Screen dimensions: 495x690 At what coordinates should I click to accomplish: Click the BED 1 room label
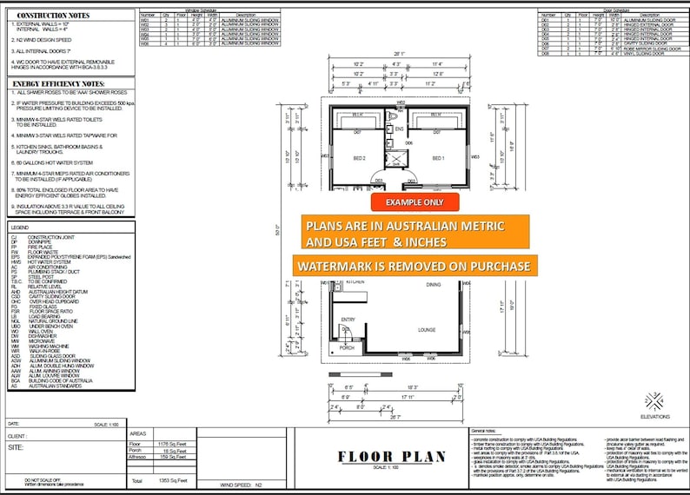438,159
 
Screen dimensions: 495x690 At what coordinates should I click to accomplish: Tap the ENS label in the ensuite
400,129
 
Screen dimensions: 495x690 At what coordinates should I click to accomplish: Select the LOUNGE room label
427,330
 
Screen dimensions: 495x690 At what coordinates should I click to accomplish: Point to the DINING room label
433,284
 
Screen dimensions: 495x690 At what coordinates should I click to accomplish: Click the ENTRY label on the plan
348,319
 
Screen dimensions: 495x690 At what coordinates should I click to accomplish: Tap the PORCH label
348,347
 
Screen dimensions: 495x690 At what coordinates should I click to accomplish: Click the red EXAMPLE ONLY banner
415,201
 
